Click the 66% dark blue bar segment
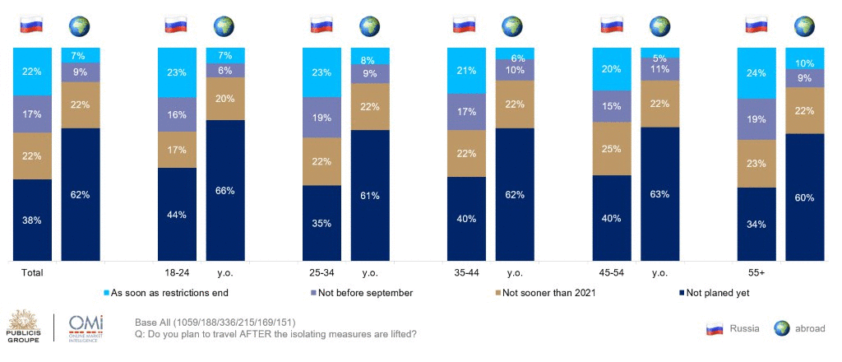225,191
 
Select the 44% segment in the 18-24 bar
177,214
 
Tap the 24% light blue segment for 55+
756,72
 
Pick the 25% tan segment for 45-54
612,148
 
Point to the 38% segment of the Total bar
32,220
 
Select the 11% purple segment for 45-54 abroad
659,69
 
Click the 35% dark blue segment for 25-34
322,222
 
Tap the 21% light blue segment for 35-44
467,70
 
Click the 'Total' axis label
32,271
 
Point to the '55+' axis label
756,271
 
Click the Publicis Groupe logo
24,327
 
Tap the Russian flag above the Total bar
32,26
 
